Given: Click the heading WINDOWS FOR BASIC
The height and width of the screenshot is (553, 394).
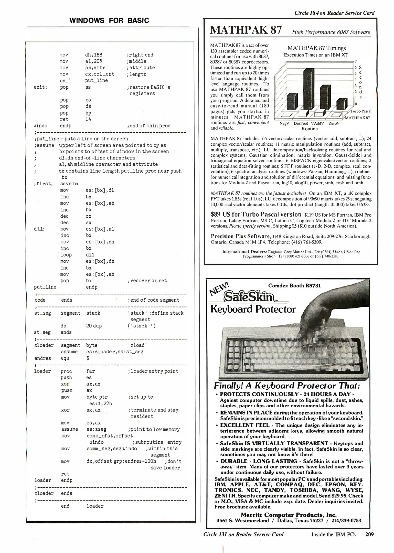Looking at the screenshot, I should click(x=109, y=20).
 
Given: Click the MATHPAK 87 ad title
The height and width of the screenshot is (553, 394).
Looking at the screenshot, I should click(x=246, y=30).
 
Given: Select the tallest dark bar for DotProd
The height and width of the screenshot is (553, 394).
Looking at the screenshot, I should click(x=308, y=88).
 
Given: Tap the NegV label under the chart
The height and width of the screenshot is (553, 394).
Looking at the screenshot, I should click(x=284, y=123).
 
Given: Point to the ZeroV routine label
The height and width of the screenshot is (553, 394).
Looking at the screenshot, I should click(x=334, y=123).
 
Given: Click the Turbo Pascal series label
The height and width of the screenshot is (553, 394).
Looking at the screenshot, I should click(x=361, y=111).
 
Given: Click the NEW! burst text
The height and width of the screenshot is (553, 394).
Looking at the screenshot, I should click(x=220, y=288).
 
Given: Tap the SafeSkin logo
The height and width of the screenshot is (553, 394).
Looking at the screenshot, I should click(x=248, y=297).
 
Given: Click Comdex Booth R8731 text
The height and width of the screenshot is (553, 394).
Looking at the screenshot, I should click(x=294, y=286).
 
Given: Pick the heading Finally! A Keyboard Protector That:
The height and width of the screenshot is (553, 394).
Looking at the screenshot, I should click(x=287, y=386).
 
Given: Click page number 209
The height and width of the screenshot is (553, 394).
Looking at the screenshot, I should click(x=369, y=534).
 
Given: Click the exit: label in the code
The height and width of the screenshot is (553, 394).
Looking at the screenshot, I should click(x=40, y=87).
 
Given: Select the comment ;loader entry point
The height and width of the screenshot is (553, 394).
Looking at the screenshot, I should click(x=153, y=371).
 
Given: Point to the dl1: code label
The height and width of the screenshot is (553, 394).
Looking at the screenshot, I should click(x=39, y=229).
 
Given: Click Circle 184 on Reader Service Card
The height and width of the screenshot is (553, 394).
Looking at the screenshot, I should click(x=334, y=13).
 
